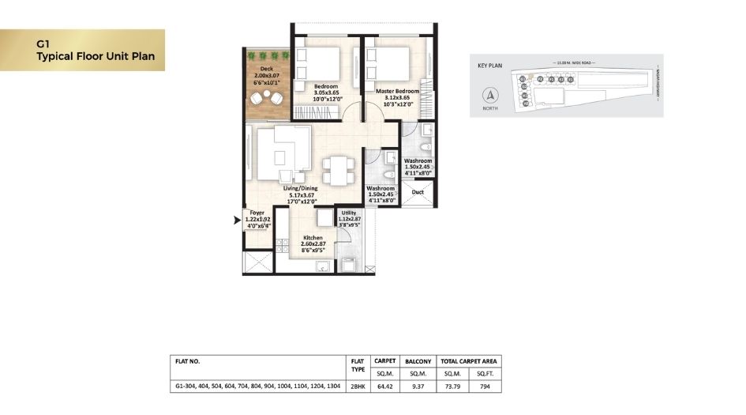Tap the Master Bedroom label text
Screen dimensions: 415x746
[x=397, y=91]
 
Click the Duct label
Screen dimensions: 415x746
[x=418, y=192]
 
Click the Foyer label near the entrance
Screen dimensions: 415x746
[x=257, y=213]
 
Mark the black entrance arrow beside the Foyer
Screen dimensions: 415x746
[x=236, y=221]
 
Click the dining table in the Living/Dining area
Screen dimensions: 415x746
[x=338, y=169]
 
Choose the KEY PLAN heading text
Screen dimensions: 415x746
[x=490, y=66]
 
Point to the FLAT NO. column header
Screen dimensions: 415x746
[x=188, y=360]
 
